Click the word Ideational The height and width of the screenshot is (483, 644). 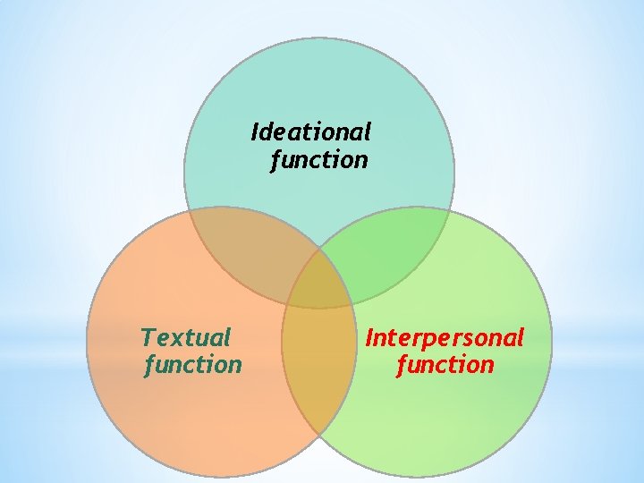click(311, 132)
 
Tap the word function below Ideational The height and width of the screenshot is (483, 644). click(319, 160)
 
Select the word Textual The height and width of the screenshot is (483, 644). click(186, 337)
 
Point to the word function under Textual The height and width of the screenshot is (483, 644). click(193, 365)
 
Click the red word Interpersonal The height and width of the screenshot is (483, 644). click(445, 337)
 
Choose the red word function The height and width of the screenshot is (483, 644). click(445, 365)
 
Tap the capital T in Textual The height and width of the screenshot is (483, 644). click(148, 337)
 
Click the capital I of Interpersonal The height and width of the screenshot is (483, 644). click(369, 337)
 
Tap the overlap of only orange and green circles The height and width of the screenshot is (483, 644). click(318, 376)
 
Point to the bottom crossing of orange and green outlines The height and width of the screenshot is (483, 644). click(319, 435)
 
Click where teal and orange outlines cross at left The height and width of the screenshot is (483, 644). click(189, 212)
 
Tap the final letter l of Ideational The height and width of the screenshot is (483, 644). click(367, 132)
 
